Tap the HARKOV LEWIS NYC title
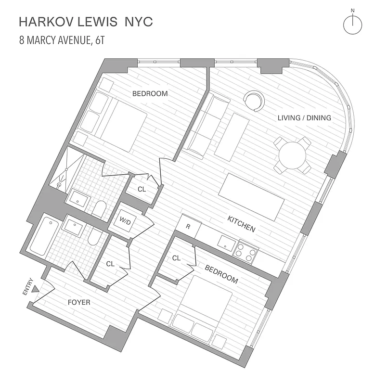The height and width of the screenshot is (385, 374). point(86,22)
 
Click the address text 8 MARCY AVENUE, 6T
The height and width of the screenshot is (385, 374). point(62,39)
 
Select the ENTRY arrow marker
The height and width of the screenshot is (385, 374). point(35,301)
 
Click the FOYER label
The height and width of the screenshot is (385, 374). point(78,303)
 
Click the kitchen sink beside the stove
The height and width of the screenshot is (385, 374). point(225,244)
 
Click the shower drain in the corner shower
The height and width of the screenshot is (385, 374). point(59,184)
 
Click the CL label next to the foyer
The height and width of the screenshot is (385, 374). point(110,264)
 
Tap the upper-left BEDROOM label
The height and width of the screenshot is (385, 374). point(150,94)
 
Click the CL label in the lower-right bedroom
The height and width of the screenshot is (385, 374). point(176,258)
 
